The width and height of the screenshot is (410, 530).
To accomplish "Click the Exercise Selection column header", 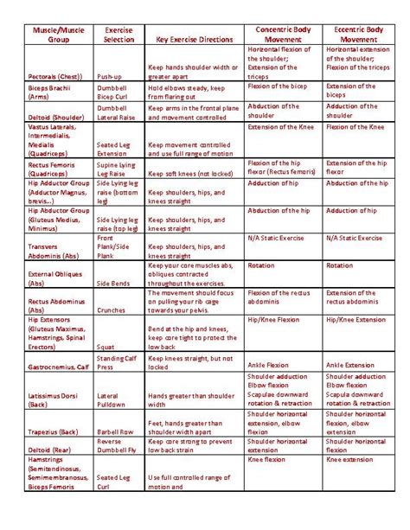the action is (119, 35).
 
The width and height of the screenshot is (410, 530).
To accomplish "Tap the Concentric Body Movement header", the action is (283, 35).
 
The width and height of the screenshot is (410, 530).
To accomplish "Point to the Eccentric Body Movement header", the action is (358, 35).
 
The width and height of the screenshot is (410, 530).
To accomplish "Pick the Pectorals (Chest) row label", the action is (54, 76).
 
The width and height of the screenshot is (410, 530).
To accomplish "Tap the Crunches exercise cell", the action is (113, 308).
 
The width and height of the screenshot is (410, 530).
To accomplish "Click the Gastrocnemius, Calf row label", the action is (59, 365).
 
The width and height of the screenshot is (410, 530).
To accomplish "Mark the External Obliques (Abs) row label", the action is (55, 277).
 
